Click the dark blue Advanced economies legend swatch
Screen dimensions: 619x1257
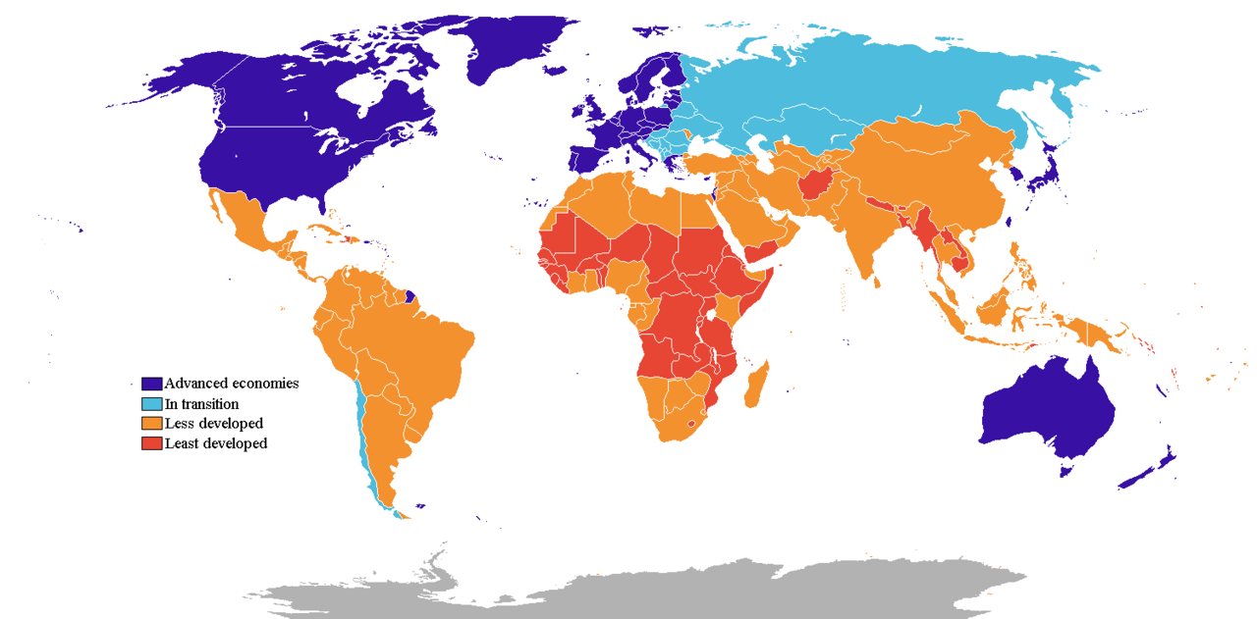pos(151,384)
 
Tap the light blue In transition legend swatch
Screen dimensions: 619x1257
pos(151,404)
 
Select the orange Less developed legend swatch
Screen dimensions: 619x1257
pos(151,424)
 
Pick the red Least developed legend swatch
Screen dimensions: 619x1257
pos(151,443)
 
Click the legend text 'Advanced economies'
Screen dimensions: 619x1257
pos(232,384)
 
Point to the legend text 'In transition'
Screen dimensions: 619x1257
pos(201,404)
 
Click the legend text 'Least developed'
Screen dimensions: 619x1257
pos(216,443)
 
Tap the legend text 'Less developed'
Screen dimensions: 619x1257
pos(214,424)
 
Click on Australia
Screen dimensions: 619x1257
pos(1046,412)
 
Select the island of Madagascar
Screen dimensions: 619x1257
pos(758,385)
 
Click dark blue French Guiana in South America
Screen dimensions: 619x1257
pos(410,295)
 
